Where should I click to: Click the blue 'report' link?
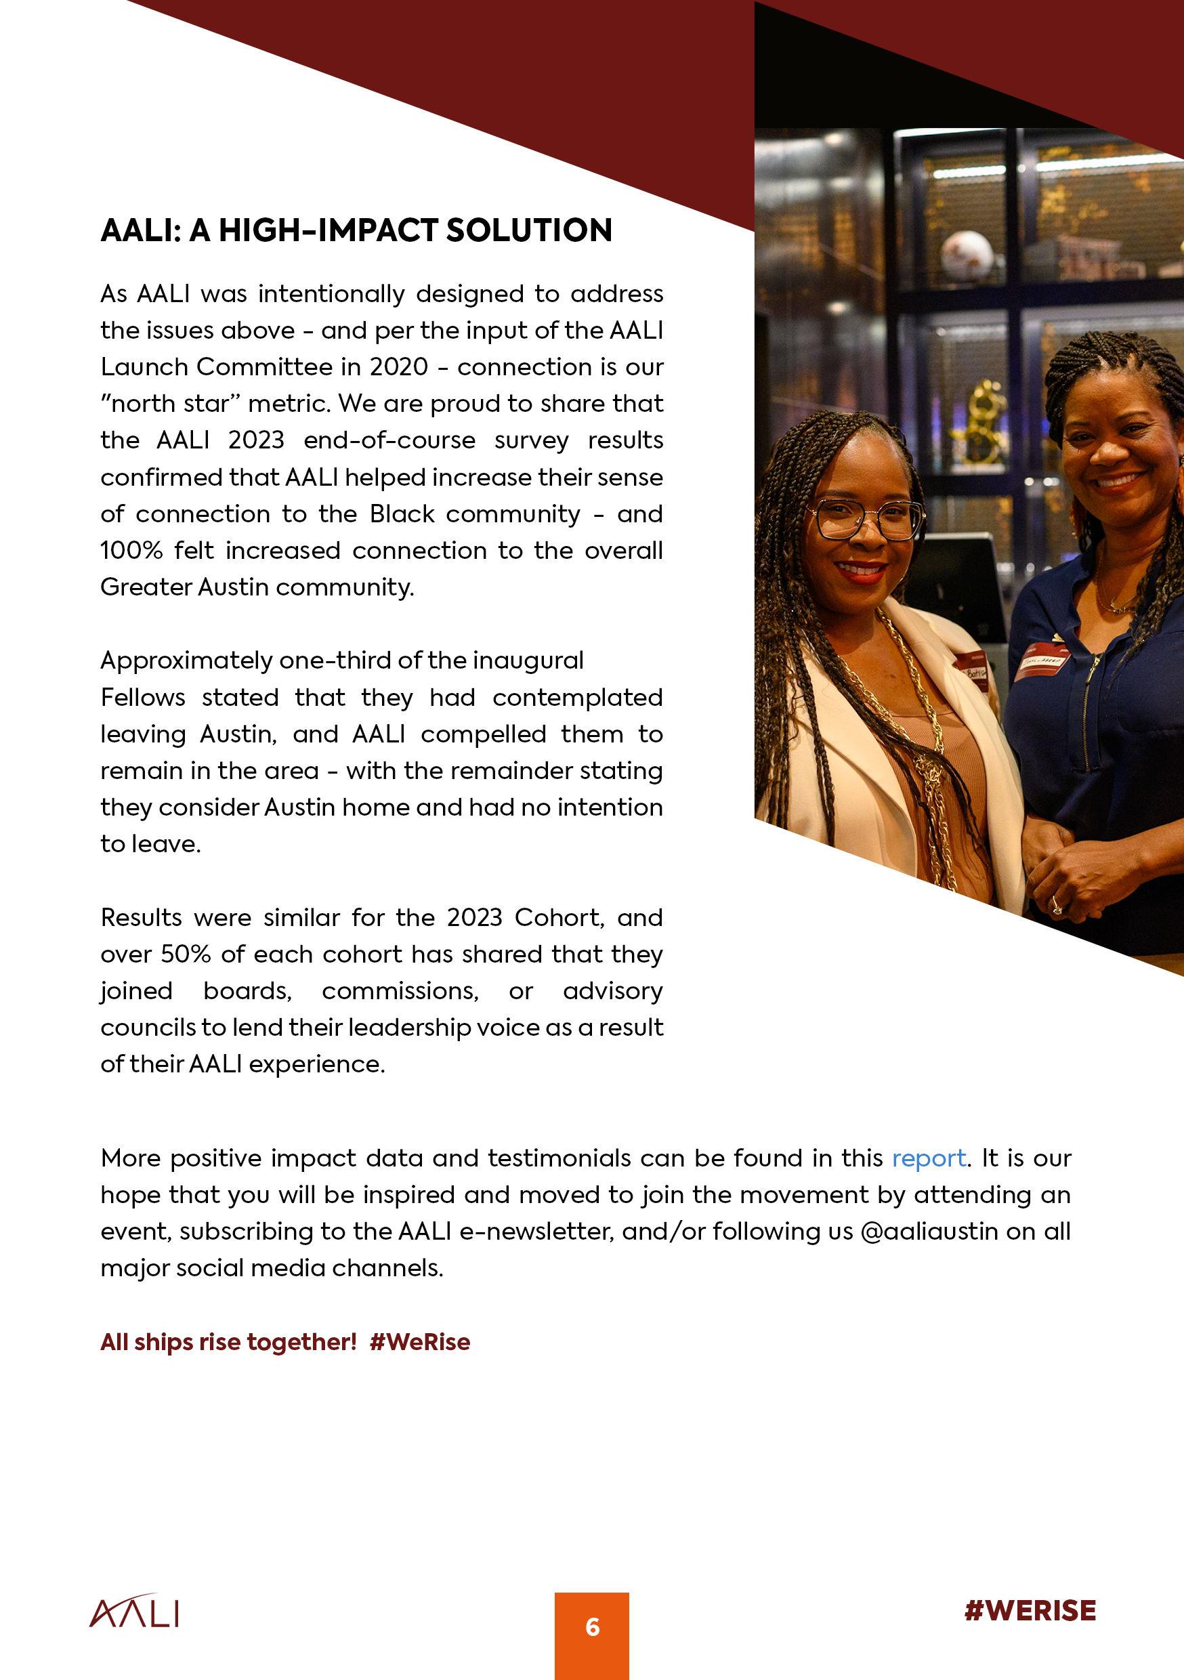928,1158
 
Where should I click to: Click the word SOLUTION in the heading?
529,230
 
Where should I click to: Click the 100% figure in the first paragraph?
131,550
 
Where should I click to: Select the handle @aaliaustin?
929,1232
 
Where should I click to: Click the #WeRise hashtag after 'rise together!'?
419,1342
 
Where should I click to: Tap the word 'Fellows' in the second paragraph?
143,697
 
